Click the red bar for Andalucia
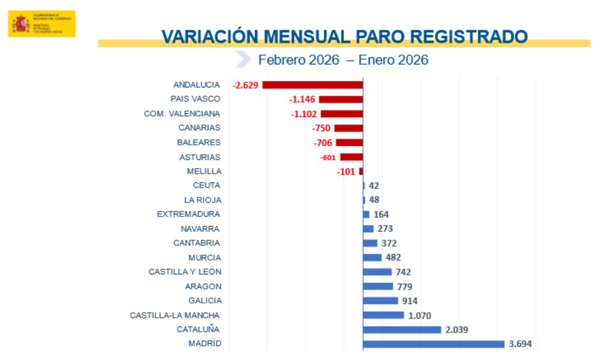[x=313, y=85]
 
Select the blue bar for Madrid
[x=433, y=344]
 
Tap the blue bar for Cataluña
[x=402, y=329]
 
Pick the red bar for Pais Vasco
[x=341, y=99]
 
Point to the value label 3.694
[x=520, y=344]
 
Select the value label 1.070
[x=419, y=315]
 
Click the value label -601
[x=328, y=157]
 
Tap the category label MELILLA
[x=203, y=171]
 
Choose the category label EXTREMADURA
[x=188, y=214]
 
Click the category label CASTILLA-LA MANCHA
[x=174, y=315]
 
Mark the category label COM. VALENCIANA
[x=182, y=113]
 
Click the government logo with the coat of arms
[x=41, y=24]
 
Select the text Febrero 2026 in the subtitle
[x=298, y=60]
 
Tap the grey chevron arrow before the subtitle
[x=244, y=59]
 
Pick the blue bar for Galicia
[x=380, y=301]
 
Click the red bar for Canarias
[x=348, y=128]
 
